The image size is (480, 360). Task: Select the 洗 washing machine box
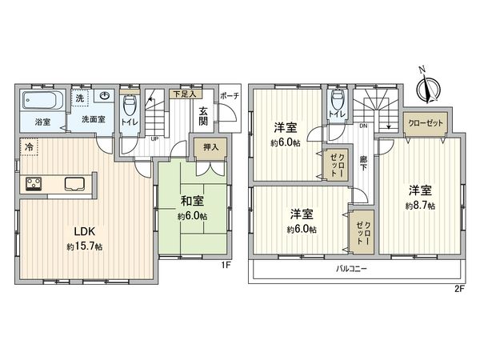click(x=79, y=98)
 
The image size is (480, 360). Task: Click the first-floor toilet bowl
click(x=130, y=106)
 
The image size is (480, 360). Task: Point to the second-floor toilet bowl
click(x=338, y=101)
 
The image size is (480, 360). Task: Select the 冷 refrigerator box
click(x=29, y=147)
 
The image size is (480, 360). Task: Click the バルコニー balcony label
click(x=351, y=270)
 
